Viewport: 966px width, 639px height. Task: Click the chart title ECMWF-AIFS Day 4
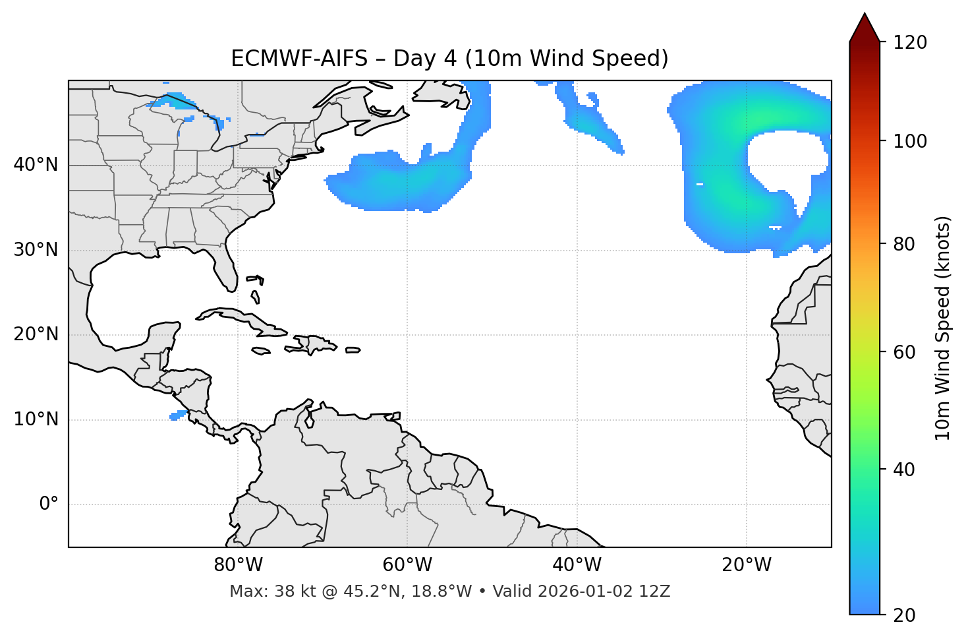449,59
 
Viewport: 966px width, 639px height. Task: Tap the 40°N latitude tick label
36,165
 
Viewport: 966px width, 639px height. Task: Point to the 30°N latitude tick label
36,250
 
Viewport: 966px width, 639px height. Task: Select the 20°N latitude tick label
36,334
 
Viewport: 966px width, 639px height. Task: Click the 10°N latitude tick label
36,419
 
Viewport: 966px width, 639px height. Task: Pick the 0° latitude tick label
49,504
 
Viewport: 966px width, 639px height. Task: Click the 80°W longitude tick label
238,565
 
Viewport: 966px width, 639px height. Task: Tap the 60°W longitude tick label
407,565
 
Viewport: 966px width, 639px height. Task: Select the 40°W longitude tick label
577,565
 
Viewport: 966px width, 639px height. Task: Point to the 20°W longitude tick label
747,565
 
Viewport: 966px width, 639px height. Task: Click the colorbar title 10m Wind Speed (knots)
943,328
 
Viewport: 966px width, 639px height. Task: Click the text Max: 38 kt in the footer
261,592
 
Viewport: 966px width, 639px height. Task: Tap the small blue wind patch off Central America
178,415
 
